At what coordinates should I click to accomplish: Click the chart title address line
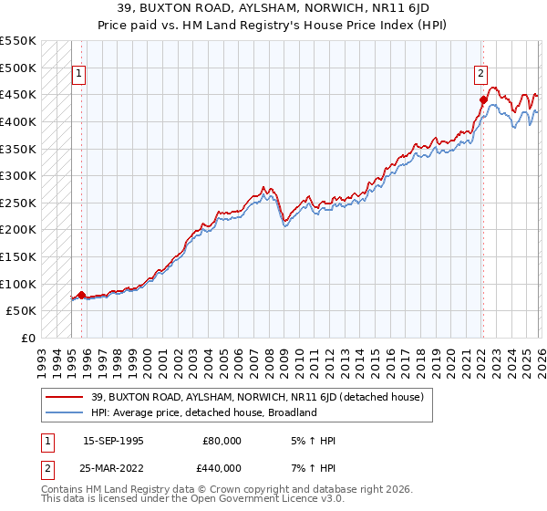[x=273, y=7]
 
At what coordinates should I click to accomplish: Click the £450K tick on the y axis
[x=18, y=94]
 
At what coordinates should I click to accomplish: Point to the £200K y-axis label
[x=18, y=229]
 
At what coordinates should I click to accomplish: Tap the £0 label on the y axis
[x=28, y=338]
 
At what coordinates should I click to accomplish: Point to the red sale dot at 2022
[x=483, y=99]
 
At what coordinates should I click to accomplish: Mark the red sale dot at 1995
[x=81, y=295]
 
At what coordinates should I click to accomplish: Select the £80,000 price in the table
[x=222, y=441]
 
